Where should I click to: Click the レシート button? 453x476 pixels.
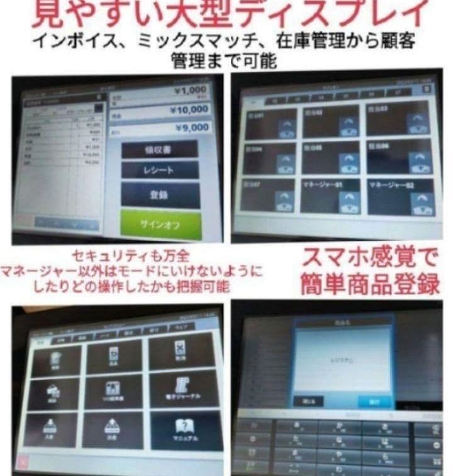pyautogui.click(x=160, y=170)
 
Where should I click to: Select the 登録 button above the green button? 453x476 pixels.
pyautogui.click(x=160, y=196)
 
